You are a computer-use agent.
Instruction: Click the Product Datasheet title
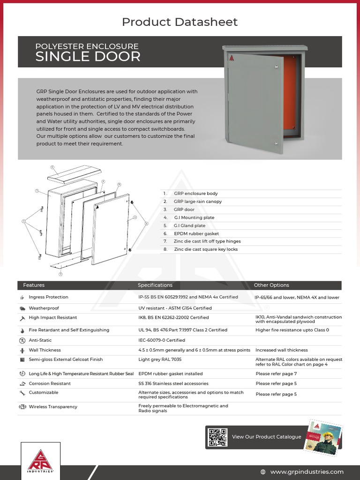(180, 22)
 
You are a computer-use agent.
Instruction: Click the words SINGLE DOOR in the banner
(88, 57)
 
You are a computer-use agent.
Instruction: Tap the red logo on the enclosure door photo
(231, 58)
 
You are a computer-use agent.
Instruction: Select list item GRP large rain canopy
(197, 202)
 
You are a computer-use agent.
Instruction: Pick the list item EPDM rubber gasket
(196, 233)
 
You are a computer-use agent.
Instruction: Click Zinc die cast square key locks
(205, 249)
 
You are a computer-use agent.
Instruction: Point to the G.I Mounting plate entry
(194, 217)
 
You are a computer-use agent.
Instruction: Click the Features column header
(34, 285)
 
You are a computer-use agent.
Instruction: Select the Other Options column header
(271, 285)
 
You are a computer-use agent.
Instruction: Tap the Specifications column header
(155, 285)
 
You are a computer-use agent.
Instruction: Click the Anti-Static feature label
(40, 340)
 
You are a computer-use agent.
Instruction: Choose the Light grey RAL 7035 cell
(160, 360)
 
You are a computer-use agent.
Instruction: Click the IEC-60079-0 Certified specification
(162, 340)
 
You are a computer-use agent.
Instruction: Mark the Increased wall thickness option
(281, 350)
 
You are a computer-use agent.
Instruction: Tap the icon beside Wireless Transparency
(22, 407)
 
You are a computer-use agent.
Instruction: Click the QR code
(217, 437)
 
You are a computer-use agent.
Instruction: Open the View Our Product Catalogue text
(266, 437)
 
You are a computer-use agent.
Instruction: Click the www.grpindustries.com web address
(307, 472)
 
